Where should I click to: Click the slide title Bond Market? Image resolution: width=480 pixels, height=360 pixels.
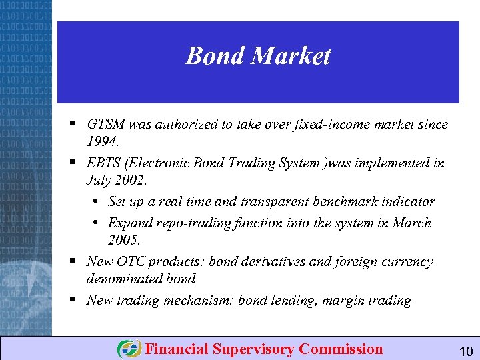[258, 56]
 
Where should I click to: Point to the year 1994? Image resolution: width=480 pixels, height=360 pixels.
[102, 141]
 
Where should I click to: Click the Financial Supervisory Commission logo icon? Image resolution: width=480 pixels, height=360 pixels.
[129, 349]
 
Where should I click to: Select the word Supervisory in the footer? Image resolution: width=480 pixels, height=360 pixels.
[254, 349]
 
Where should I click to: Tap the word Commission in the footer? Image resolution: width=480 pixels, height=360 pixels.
[341, 349]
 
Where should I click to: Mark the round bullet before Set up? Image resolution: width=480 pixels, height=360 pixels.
[97, 201]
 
